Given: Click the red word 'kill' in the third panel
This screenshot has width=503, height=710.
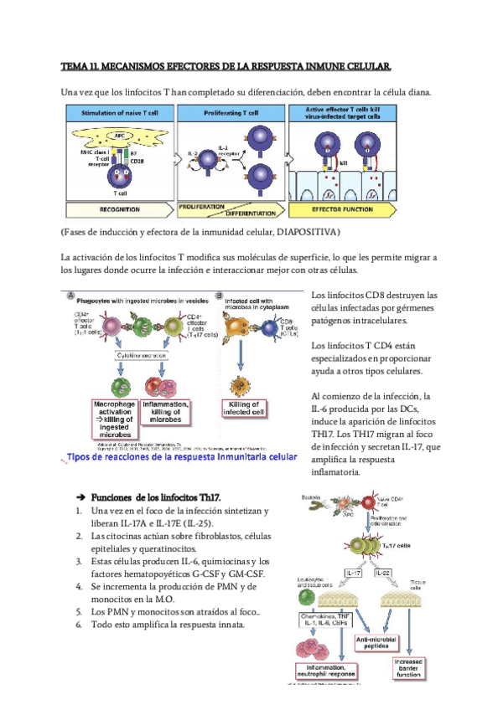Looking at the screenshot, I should [344, 165].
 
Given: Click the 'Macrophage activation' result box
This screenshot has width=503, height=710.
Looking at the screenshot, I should [113, 418].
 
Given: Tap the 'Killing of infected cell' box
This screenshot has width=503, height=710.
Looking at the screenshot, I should [246, 408].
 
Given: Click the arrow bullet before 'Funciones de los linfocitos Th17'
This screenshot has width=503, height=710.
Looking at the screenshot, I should [70, 497].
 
